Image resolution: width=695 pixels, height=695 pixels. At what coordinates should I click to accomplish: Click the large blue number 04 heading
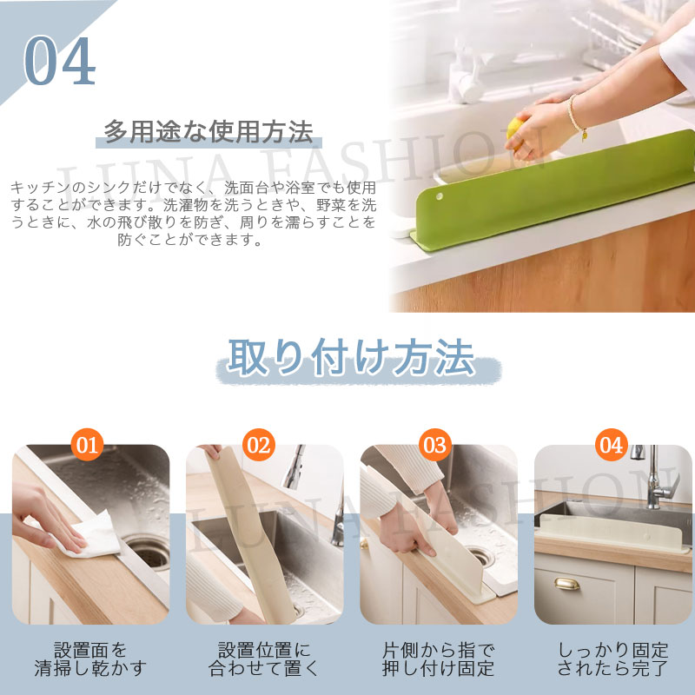tap(59, 61)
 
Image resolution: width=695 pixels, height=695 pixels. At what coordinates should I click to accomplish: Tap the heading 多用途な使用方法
tap(208, 132)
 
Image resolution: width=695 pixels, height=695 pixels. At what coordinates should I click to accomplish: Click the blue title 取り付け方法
tap(351, 357)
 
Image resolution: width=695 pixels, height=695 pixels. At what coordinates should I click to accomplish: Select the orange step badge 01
tap(87, 445)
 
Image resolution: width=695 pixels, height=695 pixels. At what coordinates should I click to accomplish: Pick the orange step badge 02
tap(259, 445)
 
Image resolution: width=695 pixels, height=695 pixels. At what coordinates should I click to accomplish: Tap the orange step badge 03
tap(435, 445)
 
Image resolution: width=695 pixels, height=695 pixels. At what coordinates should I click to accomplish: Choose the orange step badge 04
tap(611, 445)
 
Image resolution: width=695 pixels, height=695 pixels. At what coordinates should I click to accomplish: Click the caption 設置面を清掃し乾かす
tap(90, 659)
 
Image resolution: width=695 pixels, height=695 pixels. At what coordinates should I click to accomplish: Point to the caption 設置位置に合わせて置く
tap(264, 659)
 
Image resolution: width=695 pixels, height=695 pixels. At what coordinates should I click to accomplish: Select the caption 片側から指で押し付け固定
tap(438, 659)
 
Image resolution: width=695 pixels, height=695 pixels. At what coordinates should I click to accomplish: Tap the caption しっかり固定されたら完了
tap(612, 659)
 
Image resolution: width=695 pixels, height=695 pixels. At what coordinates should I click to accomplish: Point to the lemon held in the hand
tap(514, 133)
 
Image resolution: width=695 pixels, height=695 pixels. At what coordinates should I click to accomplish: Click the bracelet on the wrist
tap(577, 117)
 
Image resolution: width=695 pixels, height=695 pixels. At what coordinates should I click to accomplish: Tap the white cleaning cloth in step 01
tap(89, 534)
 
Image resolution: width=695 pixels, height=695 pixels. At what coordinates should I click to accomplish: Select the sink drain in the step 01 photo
tap(149, 551)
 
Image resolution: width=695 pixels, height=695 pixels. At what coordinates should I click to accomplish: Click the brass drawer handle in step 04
tap(567, 584)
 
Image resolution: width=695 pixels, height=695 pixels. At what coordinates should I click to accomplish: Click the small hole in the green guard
tap(439, 196)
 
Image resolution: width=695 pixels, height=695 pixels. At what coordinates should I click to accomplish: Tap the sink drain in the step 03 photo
tap(481, 557)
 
